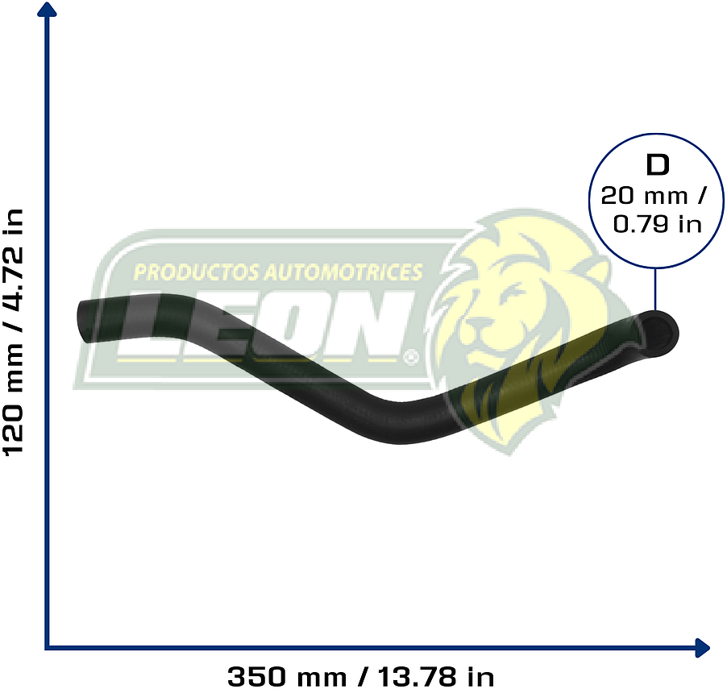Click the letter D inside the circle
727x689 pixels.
(x=657, y=165)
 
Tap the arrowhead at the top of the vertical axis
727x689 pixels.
(x=48, y=10)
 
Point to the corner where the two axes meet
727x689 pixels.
(x=48, y=646)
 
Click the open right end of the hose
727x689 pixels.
(x=662, y=330)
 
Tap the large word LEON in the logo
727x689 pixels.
(x=266, y=326)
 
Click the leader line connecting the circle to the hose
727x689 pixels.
(x=655, y=290)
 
